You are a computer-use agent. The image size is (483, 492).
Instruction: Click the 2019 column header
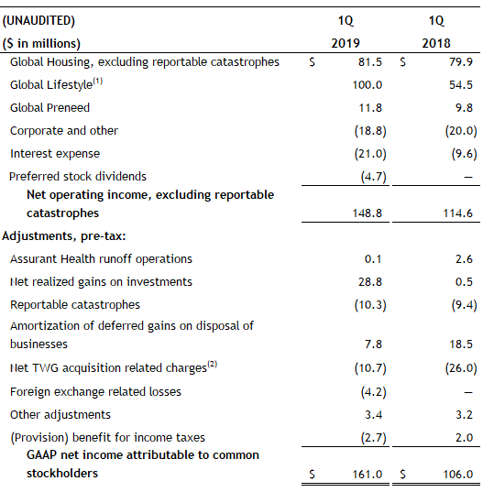[x=346, y=43]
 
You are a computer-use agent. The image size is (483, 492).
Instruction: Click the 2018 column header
[x=436, y=43]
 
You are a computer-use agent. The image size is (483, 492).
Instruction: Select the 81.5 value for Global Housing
[x=370, y=61]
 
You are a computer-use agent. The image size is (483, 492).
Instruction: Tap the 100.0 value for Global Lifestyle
[x=368, y=84]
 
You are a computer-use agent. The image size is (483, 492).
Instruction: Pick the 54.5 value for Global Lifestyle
[x=461, y=84]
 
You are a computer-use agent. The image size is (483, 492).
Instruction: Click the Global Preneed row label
[x=49, y=107]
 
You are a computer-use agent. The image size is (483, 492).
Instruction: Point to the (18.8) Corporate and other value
[x=370, y=130]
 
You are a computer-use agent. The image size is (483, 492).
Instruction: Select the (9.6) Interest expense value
[x=464, y=153]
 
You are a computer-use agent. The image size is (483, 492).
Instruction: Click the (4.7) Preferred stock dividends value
[x=373, y=176]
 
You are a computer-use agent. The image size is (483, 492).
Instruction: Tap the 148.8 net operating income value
[x=368, y=213]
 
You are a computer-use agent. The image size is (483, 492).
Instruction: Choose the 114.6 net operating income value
[x=457, y=213]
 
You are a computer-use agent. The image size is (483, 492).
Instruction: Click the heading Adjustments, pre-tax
[x=64, y=236]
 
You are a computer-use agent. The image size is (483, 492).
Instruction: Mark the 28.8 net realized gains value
[x=370, y=282]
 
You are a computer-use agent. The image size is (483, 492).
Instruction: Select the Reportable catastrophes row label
[x=75, y=305]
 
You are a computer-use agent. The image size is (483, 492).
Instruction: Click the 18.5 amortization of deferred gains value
[x=461, y=344]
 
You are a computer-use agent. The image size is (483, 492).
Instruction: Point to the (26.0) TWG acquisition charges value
[x=461, y=367]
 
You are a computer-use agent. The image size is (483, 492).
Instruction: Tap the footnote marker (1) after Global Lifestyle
[x=97, y=82]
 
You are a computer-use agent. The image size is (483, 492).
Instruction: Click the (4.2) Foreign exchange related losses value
[x=373, y=391]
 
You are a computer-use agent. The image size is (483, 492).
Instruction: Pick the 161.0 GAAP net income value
[x=368, y=474]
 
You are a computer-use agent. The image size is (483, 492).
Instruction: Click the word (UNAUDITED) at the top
[x=38, y=21]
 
